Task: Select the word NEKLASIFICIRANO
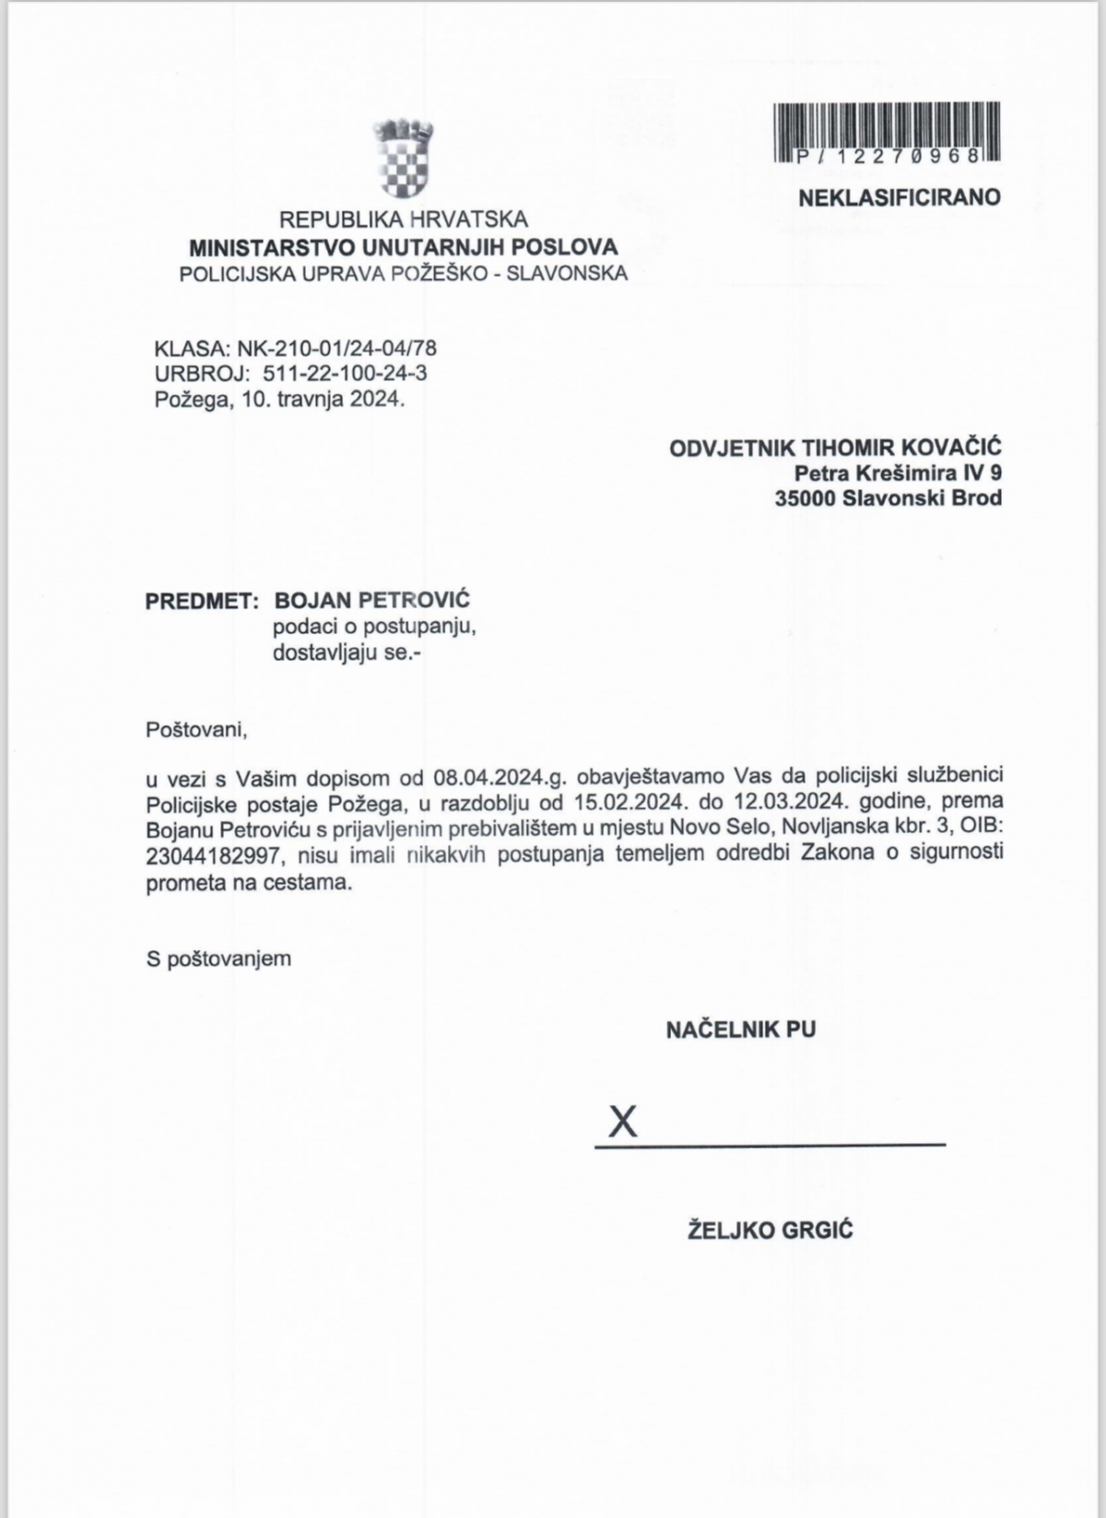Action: click(900, 197)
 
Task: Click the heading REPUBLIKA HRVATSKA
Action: click(404, 220)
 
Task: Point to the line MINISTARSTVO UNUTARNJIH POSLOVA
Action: click(404, 247)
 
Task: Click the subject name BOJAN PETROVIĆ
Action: click(372, 601)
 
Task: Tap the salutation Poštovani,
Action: click(197, 730)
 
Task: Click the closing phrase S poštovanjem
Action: click(218, 959)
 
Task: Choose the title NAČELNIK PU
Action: click(740, 1030)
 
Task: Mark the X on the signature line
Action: click(623, 1122)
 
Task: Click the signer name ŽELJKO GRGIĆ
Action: click(771, 1229)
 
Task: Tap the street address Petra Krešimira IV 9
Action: click(899, 474)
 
